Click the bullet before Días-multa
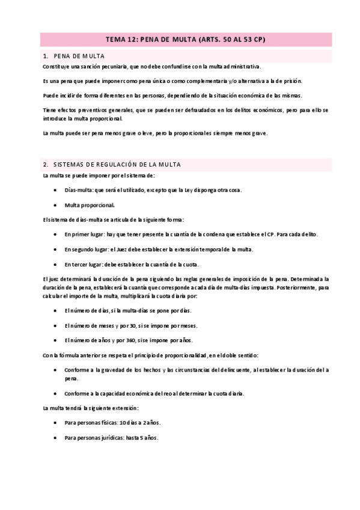[56, 190]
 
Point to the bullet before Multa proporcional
[56, 204]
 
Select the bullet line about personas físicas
[113, 423]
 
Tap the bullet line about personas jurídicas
[112, 438]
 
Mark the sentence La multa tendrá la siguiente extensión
[91, 408]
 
